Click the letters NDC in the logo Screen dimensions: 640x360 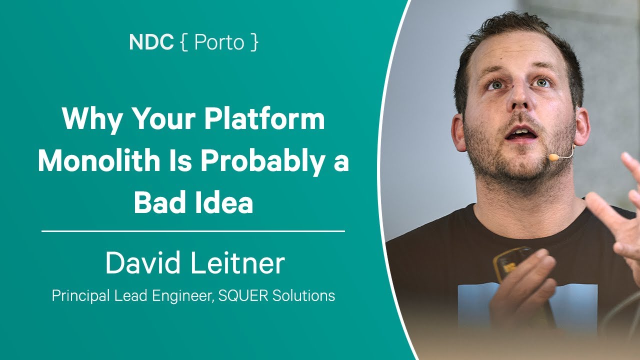point(151,42)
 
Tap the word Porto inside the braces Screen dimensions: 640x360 point(219,42)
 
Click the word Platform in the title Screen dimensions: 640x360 point(264,119)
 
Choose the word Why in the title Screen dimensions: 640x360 point(91,119)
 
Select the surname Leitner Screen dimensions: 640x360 point(237,262)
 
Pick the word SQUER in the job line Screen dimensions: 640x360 point(243,295)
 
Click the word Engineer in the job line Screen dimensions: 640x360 point(183,296)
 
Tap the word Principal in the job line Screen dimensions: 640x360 point(81,296)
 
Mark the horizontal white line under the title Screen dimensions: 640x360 point(193,231)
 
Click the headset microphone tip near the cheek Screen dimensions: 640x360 point(553,157)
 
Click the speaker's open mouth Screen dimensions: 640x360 point(520,133)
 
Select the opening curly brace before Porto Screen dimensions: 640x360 point(184,42)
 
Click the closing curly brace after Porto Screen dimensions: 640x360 point(254,42)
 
